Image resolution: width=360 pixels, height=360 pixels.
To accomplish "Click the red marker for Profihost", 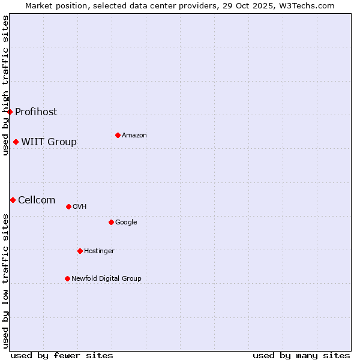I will (x=10, y=112).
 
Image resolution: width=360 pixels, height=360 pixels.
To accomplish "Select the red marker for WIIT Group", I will (x=16, y=142).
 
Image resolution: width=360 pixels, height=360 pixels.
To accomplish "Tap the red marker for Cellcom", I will (x=13, y=200).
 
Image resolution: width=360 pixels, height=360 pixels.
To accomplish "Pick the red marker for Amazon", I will (x=118, y=135).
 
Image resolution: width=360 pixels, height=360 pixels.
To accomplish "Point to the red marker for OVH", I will (x=68, y=206).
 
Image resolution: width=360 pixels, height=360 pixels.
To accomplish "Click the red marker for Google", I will (x=111, y=222).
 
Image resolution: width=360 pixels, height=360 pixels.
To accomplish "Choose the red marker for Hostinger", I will (x=80, y=251).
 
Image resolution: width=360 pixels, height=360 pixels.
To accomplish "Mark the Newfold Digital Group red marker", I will (x=67, y=278).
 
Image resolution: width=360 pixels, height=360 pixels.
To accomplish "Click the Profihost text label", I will (x=36, y=112).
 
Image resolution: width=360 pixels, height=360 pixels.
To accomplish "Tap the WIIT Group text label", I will (x=49, y=142).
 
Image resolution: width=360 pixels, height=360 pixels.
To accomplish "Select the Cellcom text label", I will (x=37, y=200).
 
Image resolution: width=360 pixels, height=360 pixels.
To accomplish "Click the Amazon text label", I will (x=134, y=136).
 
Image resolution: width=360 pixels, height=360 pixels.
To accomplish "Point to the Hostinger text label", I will (x=99, y=251).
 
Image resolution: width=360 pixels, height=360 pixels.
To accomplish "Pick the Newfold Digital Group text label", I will (x=106, y=279).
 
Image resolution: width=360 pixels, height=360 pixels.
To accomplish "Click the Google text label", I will (x=126, y=223).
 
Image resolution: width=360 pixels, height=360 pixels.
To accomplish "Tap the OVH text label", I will (x=80, y=207).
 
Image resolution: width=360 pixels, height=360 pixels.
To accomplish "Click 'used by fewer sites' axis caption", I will (x=62, y=355).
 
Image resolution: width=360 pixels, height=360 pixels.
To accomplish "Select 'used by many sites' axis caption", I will (x=301, y=355).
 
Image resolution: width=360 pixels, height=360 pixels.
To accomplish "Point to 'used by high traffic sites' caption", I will (x=5, y=85).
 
